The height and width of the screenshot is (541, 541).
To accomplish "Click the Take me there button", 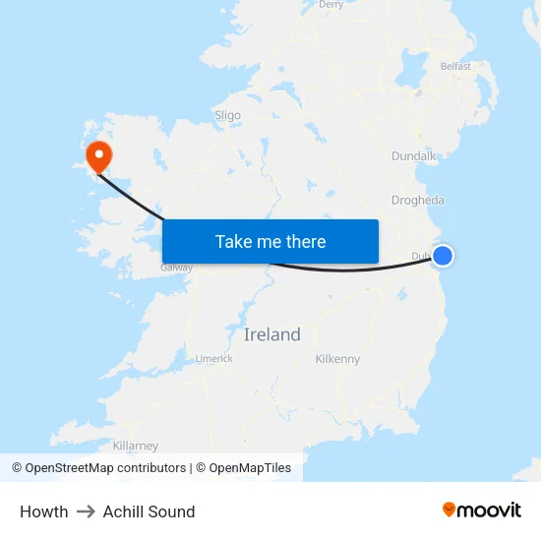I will (x=270, y=241).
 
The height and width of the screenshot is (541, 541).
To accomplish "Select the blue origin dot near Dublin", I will (x=443, y=256).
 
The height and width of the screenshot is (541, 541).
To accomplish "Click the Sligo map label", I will (x=227, y=115).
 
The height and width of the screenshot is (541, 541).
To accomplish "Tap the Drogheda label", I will (x=418, y=200).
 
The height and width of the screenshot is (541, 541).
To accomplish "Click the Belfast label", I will (x=455, y=67).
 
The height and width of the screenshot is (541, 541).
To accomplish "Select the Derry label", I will (x=331, y=5).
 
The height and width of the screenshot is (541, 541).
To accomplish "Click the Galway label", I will (x=177, y=268).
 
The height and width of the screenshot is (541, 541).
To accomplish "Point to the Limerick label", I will (x=214, y=358).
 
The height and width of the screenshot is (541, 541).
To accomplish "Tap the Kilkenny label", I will (x=337, y=359).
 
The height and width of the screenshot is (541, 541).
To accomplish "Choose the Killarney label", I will (x=136, y=446).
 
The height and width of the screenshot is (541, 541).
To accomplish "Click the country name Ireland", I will (x=272, y=334).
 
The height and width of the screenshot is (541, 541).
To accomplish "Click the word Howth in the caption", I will (x=44, y=511).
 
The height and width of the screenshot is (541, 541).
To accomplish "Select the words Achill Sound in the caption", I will (x=150, y=511).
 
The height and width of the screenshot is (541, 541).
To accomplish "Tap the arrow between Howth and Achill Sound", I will (x=86, y=511).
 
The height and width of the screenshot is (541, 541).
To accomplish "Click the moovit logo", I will (x=482, y=510).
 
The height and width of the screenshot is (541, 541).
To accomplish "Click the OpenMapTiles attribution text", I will (x=250, y=468).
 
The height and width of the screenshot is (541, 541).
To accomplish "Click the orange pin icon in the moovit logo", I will (x=450, y=510).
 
